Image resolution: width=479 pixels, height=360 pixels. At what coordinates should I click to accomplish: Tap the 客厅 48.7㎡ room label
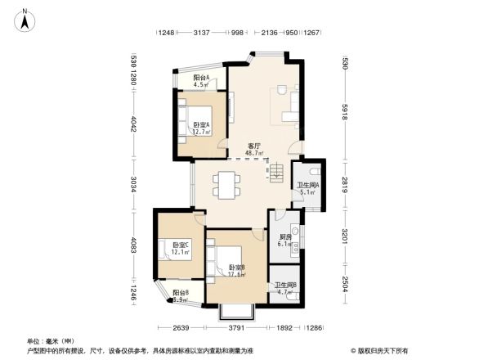(x=255, y=149)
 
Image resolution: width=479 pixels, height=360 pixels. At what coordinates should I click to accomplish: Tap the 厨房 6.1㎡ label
(x=284, y=241)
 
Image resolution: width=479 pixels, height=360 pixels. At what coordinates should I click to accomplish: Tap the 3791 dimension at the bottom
(x=237, y=330)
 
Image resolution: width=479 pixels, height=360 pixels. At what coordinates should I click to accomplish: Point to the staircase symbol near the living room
(x=275, y=171)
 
